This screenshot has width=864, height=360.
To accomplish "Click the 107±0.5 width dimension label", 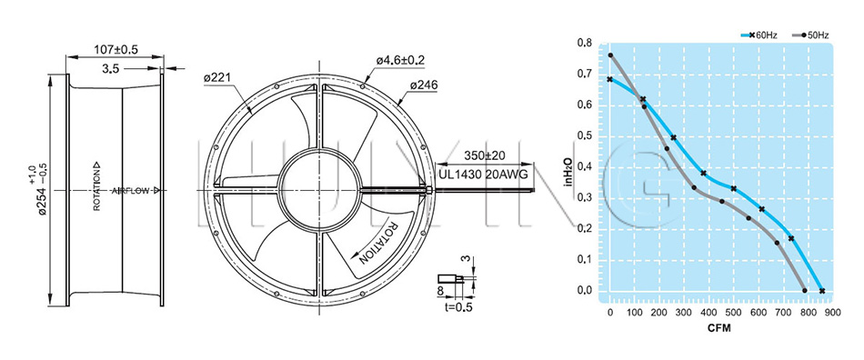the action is click(x=116, y=49).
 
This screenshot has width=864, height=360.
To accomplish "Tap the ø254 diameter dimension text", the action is click(x=40, y=188).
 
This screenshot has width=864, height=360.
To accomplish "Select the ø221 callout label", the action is click(x=217, y=79).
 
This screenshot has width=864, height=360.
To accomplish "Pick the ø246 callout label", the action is click(x=423, y=85).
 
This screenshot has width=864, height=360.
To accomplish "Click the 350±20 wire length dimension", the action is click(x=485, y=155).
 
